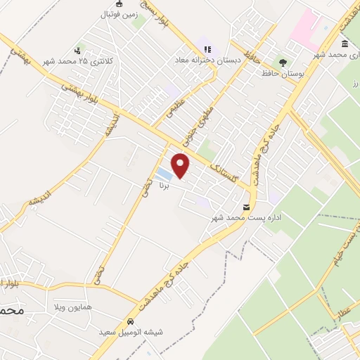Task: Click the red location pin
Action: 181,165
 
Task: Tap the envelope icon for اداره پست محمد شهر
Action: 246,207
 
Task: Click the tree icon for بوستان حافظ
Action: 283,61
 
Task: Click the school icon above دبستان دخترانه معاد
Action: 207,49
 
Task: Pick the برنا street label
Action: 165,188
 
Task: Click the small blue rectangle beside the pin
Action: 163,172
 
